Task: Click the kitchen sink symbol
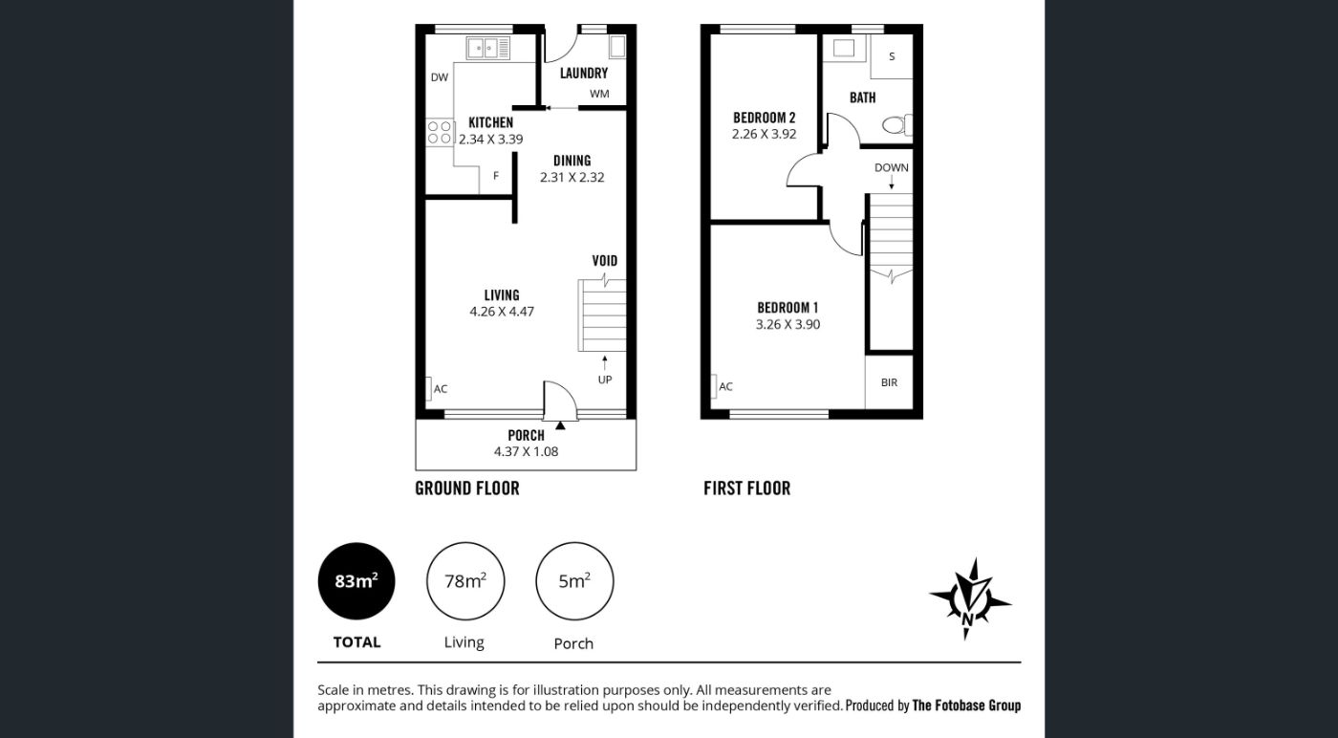click(x=488, y=48)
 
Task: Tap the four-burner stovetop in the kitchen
click(x=439, y=133)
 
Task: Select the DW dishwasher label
click(x=439, y=77)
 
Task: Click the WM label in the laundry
click(x=599, y=94)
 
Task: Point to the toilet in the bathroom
click(x=897, y=125)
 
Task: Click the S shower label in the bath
click(x=892, y=56)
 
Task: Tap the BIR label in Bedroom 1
click(x=889, y=382)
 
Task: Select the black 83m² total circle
click(x=356, y=581)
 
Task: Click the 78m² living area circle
click(x=465, y=581)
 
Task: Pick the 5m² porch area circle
click(x=574, y=581)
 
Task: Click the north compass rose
click(x=970, y=598)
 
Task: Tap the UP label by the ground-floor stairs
click(x=604, y=380)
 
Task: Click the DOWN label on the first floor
click(x=891, y=168)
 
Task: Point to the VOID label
click(x=604, y=261)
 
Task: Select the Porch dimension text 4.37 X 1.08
click(x=526, y=452)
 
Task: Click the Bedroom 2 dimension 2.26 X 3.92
click(x=764, y=135)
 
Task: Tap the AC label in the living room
click(x=441, y=389)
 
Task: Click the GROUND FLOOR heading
click(x=467, y=488)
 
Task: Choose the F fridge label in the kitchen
click(x=495, y=176)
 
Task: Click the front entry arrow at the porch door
click(x=560, y=424)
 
